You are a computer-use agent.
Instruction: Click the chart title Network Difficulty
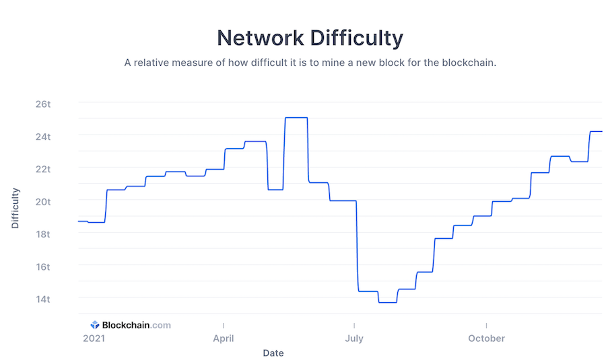[310, 38]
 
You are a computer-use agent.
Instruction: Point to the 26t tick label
[43, 104]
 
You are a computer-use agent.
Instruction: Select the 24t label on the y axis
[43, 137]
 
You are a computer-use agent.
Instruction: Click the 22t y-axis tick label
[43, 169]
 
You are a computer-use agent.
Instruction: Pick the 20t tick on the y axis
[43, 201]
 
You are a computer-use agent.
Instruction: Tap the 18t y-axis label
[43, 234]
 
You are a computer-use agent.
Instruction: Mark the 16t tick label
[43, 266]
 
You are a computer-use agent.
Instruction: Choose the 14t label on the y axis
[43, 299]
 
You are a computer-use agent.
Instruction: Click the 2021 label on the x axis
[94, 338]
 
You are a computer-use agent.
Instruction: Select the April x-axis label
[224, 338]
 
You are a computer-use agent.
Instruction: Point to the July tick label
[354, 338]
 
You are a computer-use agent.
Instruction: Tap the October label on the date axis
[486, 338]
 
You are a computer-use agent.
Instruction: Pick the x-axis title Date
[273, 353]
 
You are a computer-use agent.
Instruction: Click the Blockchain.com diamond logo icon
[95, 325]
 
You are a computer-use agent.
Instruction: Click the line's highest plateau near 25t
[296, 118]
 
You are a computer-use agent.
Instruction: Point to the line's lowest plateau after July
[387, 302]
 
